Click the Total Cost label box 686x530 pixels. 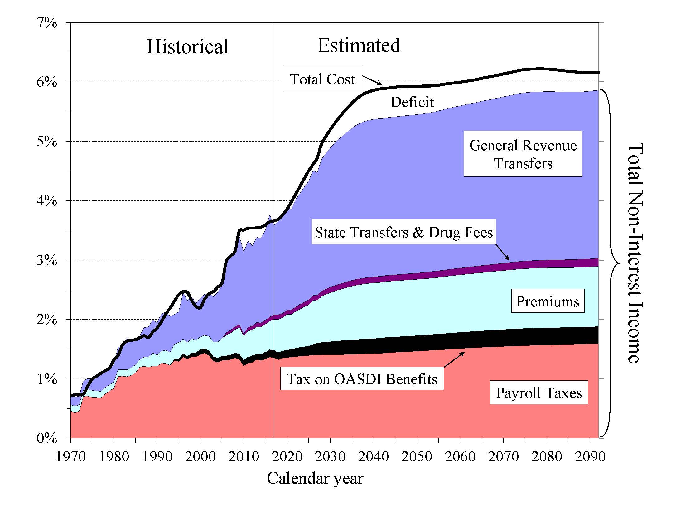coord(322,79)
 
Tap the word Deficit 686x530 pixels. coord(412,102)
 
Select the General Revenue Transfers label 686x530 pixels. coord(523,154)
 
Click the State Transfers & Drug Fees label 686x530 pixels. coord(403,232)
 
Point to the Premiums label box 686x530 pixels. coord(548,301)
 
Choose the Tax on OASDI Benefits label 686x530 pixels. coord(362,379)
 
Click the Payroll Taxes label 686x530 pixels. coord(539,393)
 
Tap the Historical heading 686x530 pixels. coord(187,47)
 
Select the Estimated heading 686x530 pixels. coord(359,46)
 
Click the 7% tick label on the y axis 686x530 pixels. coord(47,23)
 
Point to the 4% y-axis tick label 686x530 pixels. coord(47,201)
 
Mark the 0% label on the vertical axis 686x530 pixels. coord(47,438)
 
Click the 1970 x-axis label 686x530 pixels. coord(71,456)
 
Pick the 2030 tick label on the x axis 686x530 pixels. coord(330,456)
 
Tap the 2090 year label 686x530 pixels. coord(590,456)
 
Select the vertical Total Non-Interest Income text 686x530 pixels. coord(635,253)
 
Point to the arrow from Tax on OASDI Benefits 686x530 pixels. coord(454,359)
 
